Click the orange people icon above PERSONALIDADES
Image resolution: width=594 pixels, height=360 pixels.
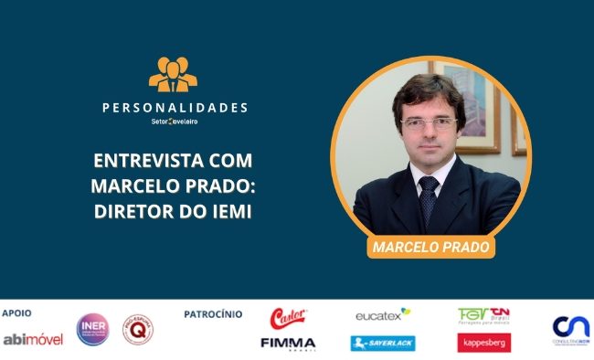(x=174, y=77)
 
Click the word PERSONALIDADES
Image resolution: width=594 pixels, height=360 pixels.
(x=175, y=108)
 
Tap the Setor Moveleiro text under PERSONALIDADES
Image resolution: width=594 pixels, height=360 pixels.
(x=174, y=122)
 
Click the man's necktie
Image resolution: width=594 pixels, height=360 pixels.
(x=428, y=197)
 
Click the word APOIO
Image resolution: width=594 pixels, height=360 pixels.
(x=16, y=313)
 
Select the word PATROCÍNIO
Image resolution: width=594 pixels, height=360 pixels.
(x=213, y=313)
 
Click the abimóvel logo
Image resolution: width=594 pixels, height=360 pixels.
(x=33, y=339)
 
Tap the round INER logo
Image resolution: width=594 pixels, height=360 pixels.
(x=92, y=329)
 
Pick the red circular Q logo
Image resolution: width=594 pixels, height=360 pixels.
(x=137, y=329)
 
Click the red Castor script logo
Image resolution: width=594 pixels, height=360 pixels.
(x=288, y=318)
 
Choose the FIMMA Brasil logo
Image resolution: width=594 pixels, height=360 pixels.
(x=288, y=344)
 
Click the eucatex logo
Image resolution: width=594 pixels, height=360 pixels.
(x=383, y=314)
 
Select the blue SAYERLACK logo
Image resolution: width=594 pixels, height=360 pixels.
(x=383, y=343)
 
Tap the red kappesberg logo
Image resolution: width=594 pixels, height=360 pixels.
(x=483, y=343)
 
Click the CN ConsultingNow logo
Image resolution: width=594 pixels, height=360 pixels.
(x=570, y=329)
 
